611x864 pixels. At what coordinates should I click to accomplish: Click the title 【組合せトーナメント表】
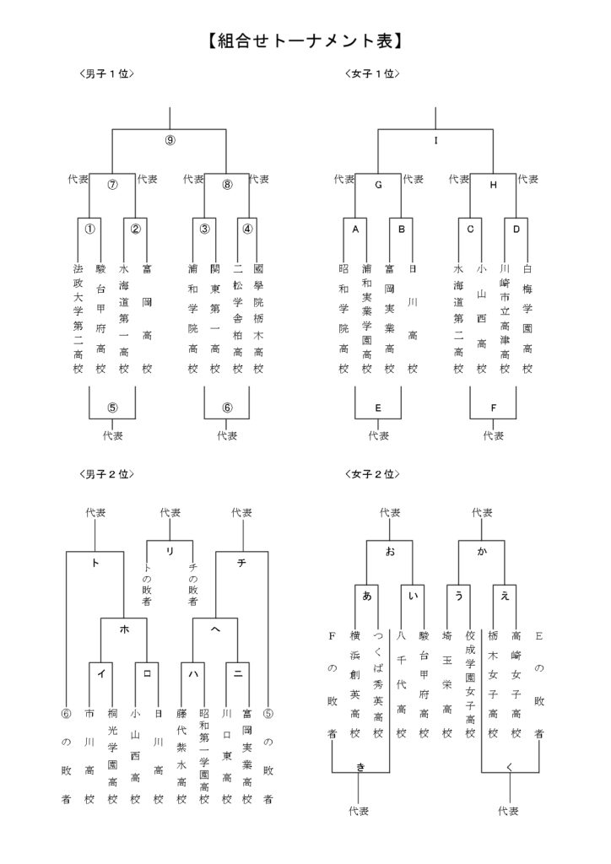[x=305, y=40]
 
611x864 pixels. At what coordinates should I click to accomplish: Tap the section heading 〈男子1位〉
[x=106, y=74]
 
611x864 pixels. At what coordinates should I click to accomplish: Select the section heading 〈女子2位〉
[x=372, y=475]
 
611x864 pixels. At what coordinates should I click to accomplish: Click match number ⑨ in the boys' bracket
[x=170, y=141]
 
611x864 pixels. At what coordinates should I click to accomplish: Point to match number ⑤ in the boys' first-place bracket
[x=112, y=408]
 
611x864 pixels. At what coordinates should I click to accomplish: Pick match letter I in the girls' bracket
[x=435, y=141]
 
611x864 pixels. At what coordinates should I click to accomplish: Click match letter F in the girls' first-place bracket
[x=493, y=408]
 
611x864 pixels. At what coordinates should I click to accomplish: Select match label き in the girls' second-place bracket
[x=360, y=765]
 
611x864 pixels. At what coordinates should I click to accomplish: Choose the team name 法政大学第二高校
[x=78, y=319]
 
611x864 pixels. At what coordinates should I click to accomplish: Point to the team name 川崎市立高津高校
[x=505, y=319]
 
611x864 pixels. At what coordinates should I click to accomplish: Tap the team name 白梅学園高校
[x=527, y=319]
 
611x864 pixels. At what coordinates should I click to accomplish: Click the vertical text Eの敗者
[x=539, y=683]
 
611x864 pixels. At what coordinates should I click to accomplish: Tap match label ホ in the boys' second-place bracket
[x=124, y=629]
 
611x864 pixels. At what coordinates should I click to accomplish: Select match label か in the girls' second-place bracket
[x=482, y=551]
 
